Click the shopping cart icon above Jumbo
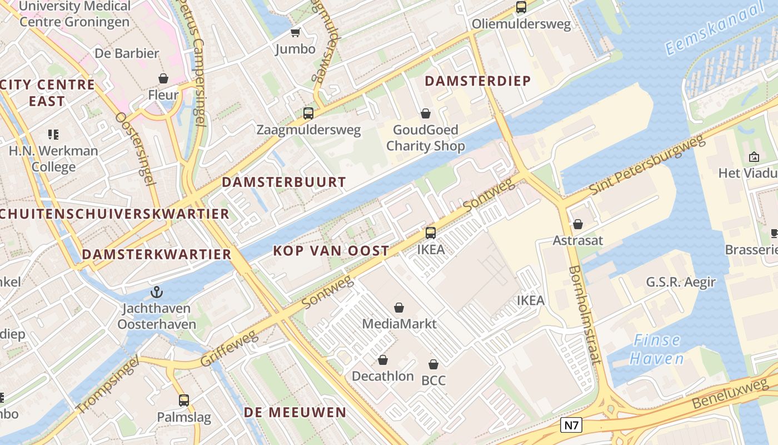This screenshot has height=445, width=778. click(x=296, y=33)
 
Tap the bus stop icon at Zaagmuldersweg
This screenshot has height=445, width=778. click(x=308, y=113)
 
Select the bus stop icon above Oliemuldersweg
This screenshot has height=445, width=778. click(x=521, y=7)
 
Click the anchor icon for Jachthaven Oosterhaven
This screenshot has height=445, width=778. click(x=157, y=291)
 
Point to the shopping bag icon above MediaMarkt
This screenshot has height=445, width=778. click(x=399, y=307)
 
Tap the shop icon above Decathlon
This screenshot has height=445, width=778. click(x=383, y=360)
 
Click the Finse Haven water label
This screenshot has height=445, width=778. click(x=657, y=349)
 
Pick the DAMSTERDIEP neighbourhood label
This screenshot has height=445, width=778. click(x=478, y=81)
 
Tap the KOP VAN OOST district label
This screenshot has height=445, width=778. click(x=331, y=251)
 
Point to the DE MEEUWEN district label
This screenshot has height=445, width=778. click(x=295, y=412)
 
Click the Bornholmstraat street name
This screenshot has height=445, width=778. click(x=585, y=315)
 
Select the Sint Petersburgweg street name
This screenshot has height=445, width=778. click(x=647, y=165)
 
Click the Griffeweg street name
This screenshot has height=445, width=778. click(x=230, y=349)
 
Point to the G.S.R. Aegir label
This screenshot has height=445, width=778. click(x=681, y=282)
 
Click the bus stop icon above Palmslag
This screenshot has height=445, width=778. click(x=184, y=400)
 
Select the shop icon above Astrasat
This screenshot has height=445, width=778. click(x=578, y=224)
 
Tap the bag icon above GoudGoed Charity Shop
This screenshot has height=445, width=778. click(x=426, y=113)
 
